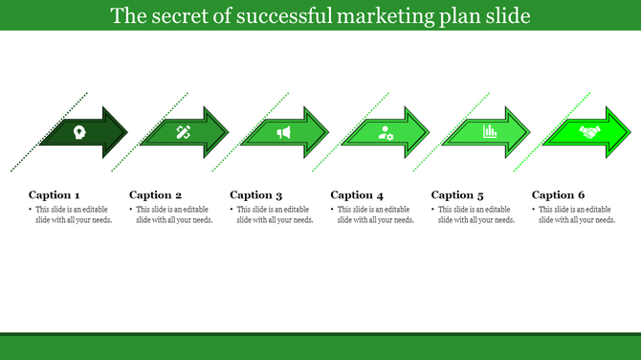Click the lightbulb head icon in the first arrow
coord(78,132)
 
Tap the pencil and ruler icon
coord(183,132)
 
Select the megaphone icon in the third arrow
coord(283,132)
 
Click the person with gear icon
coord(386,132)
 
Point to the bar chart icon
coord(490,131)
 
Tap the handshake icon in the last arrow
coord(589,132)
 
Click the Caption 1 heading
coord(55,194)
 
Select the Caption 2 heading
coord(155,194)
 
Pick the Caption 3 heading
coord(256,194)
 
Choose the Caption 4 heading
coord(357,194)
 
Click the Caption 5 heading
coord(458,194)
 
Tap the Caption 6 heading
coord(559,194)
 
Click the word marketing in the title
coord(409,16)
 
